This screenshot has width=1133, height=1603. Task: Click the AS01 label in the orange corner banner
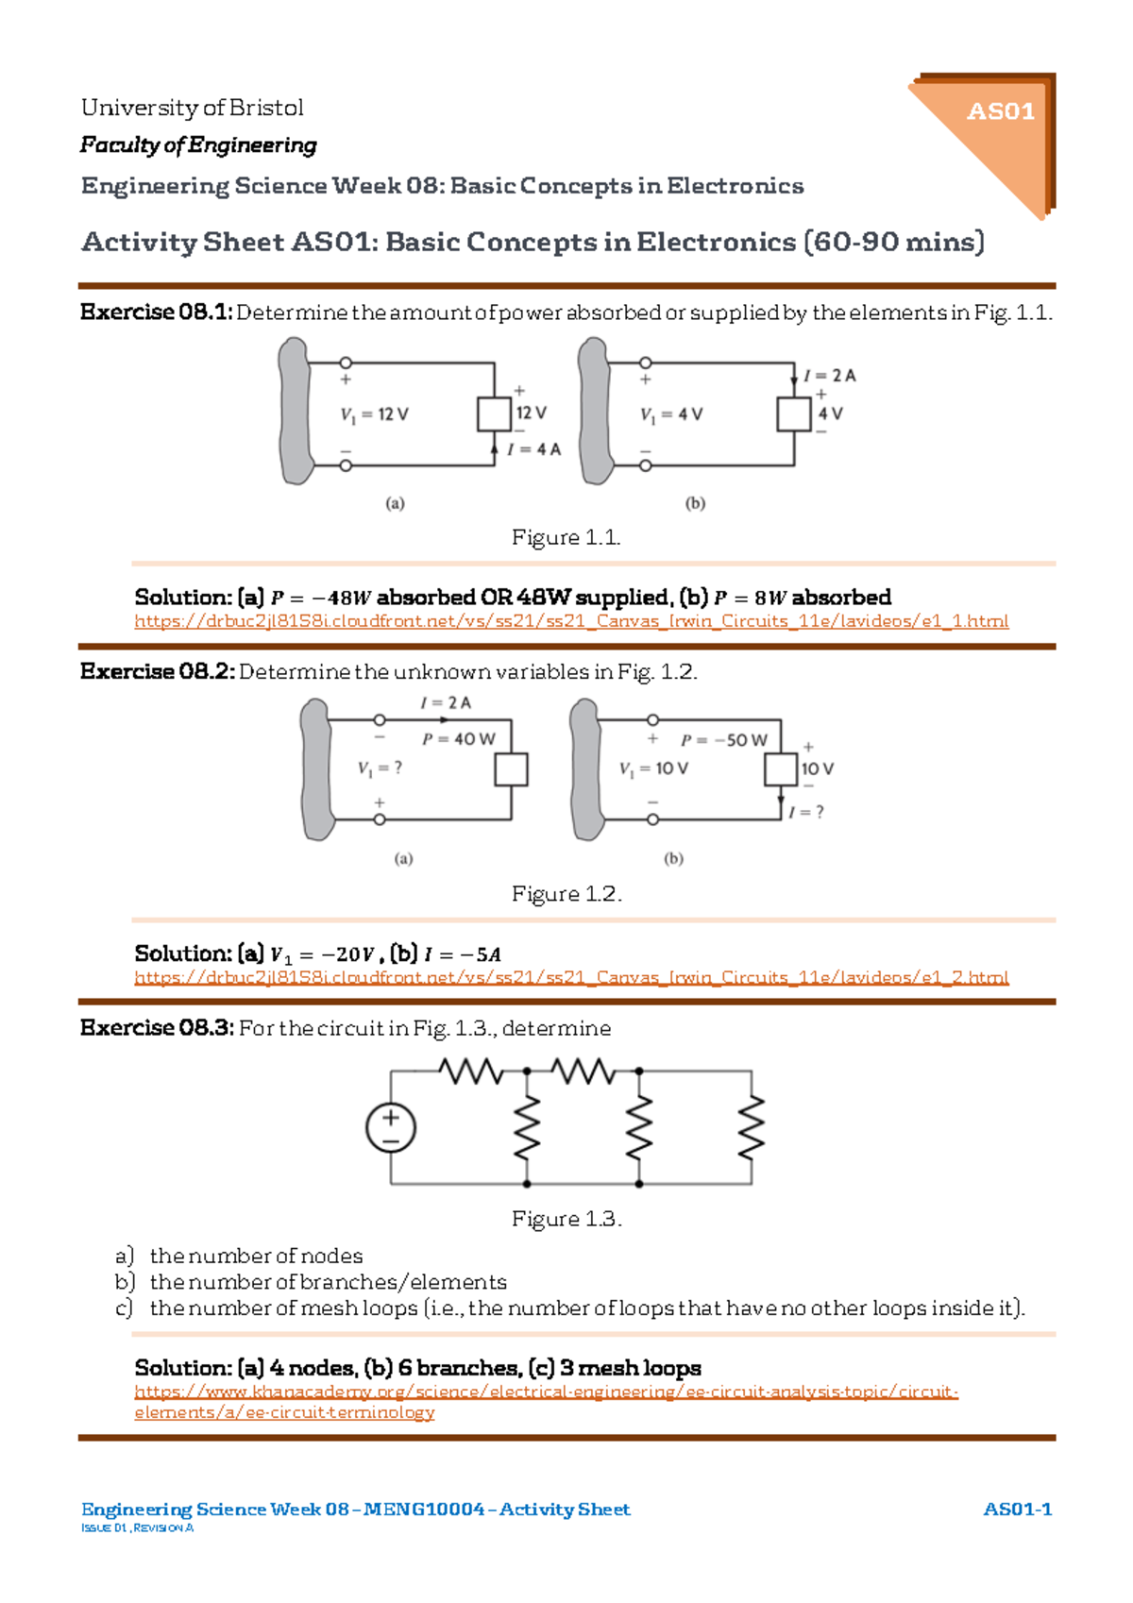(1000, 111)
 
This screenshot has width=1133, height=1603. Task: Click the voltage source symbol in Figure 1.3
(391, 1127)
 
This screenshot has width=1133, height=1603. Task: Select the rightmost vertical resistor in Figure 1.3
(752, 1127)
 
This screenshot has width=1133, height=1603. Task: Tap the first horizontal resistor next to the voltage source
(470, 1071)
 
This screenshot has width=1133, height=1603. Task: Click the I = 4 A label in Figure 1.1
(533, 449)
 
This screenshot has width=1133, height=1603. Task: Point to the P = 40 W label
(458, 739)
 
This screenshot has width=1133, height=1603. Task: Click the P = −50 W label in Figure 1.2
(724, 740)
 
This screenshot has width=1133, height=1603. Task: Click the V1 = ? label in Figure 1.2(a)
(380, 768)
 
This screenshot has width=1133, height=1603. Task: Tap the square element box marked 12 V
(494, 413)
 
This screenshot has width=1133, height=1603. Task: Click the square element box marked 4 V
(794, 413)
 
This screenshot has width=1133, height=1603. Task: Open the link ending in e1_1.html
(571, 621)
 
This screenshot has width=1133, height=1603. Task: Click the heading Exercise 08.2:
(157, 671)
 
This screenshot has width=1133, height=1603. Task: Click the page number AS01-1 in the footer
(1017, 1509)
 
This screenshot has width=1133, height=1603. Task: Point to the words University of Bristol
(192, 108)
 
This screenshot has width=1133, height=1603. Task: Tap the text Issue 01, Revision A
(137, 1527)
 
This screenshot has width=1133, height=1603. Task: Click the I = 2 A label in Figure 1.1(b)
(830, 376)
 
